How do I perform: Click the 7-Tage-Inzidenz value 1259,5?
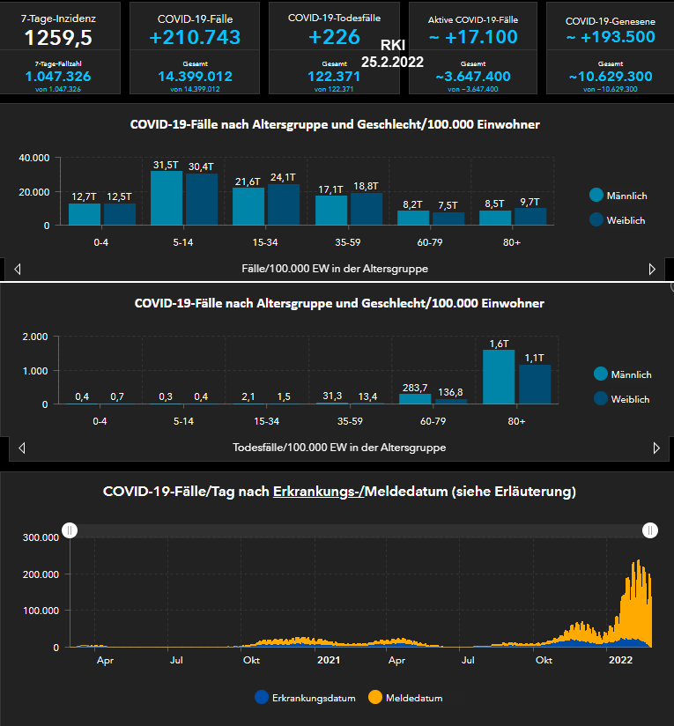point(57,37)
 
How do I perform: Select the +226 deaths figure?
point(334,37)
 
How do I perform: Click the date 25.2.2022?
point(392,63)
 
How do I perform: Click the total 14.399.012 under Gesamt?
point(196,77)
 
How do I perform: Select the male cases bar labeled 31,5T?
point(167,198)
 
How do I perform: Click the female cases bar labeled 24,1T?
point(284,204)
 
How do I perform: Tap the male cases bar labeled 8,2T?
point(413,218)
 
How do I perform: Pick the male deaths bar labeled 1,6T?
point(500,377)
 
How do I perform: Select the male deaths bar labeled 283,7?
point(413,399)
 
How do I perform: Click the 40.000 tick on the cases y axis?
point(34,158)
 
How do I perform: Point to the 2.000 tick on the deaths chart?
point(34,337)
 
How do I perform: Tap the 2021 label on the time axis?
point(329,660)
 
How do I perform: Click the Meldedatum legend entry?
point(412,698)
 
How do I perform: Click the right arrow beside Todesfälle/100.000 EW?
point(656,448)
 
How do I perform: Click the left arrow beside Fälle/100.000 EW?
point(18,269)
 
